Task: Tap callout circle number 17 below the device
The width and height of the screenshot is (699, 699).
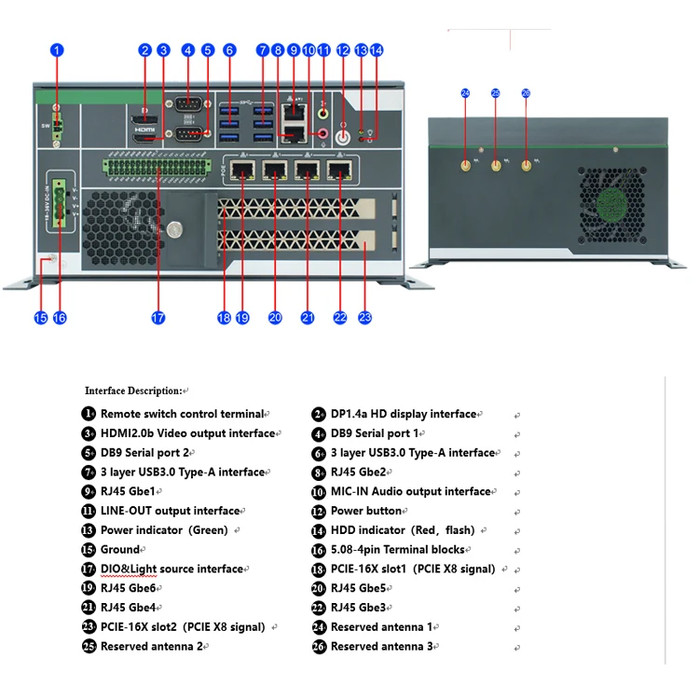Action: click(x=158, y=318)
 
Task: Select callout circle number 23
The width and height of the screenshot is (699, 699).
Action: click(x=364, y=318)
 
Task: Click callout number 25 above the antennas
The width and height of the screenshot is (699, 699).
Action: click(x=496, y=93)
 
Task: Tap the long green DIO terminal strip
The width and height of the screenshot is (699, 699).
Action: click(x=153, y=168)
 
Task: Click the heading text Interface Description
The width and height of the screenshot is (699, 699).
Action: click(x=133, y=391)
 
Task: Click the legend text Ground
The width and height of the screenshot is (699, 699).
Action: click(x=119, y=550)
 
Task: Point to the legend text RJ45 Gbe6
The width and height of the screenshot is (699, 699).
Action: click(x=129, y=588)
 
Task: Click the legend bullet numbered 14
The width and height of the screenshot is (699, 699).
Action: click(x=319, y=530)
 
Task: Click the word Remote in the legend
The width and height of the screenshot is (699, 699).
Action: click(x=120, y=414)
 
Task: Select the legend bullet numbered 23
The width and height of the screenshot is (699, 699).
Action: click(x=89, y=627)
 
